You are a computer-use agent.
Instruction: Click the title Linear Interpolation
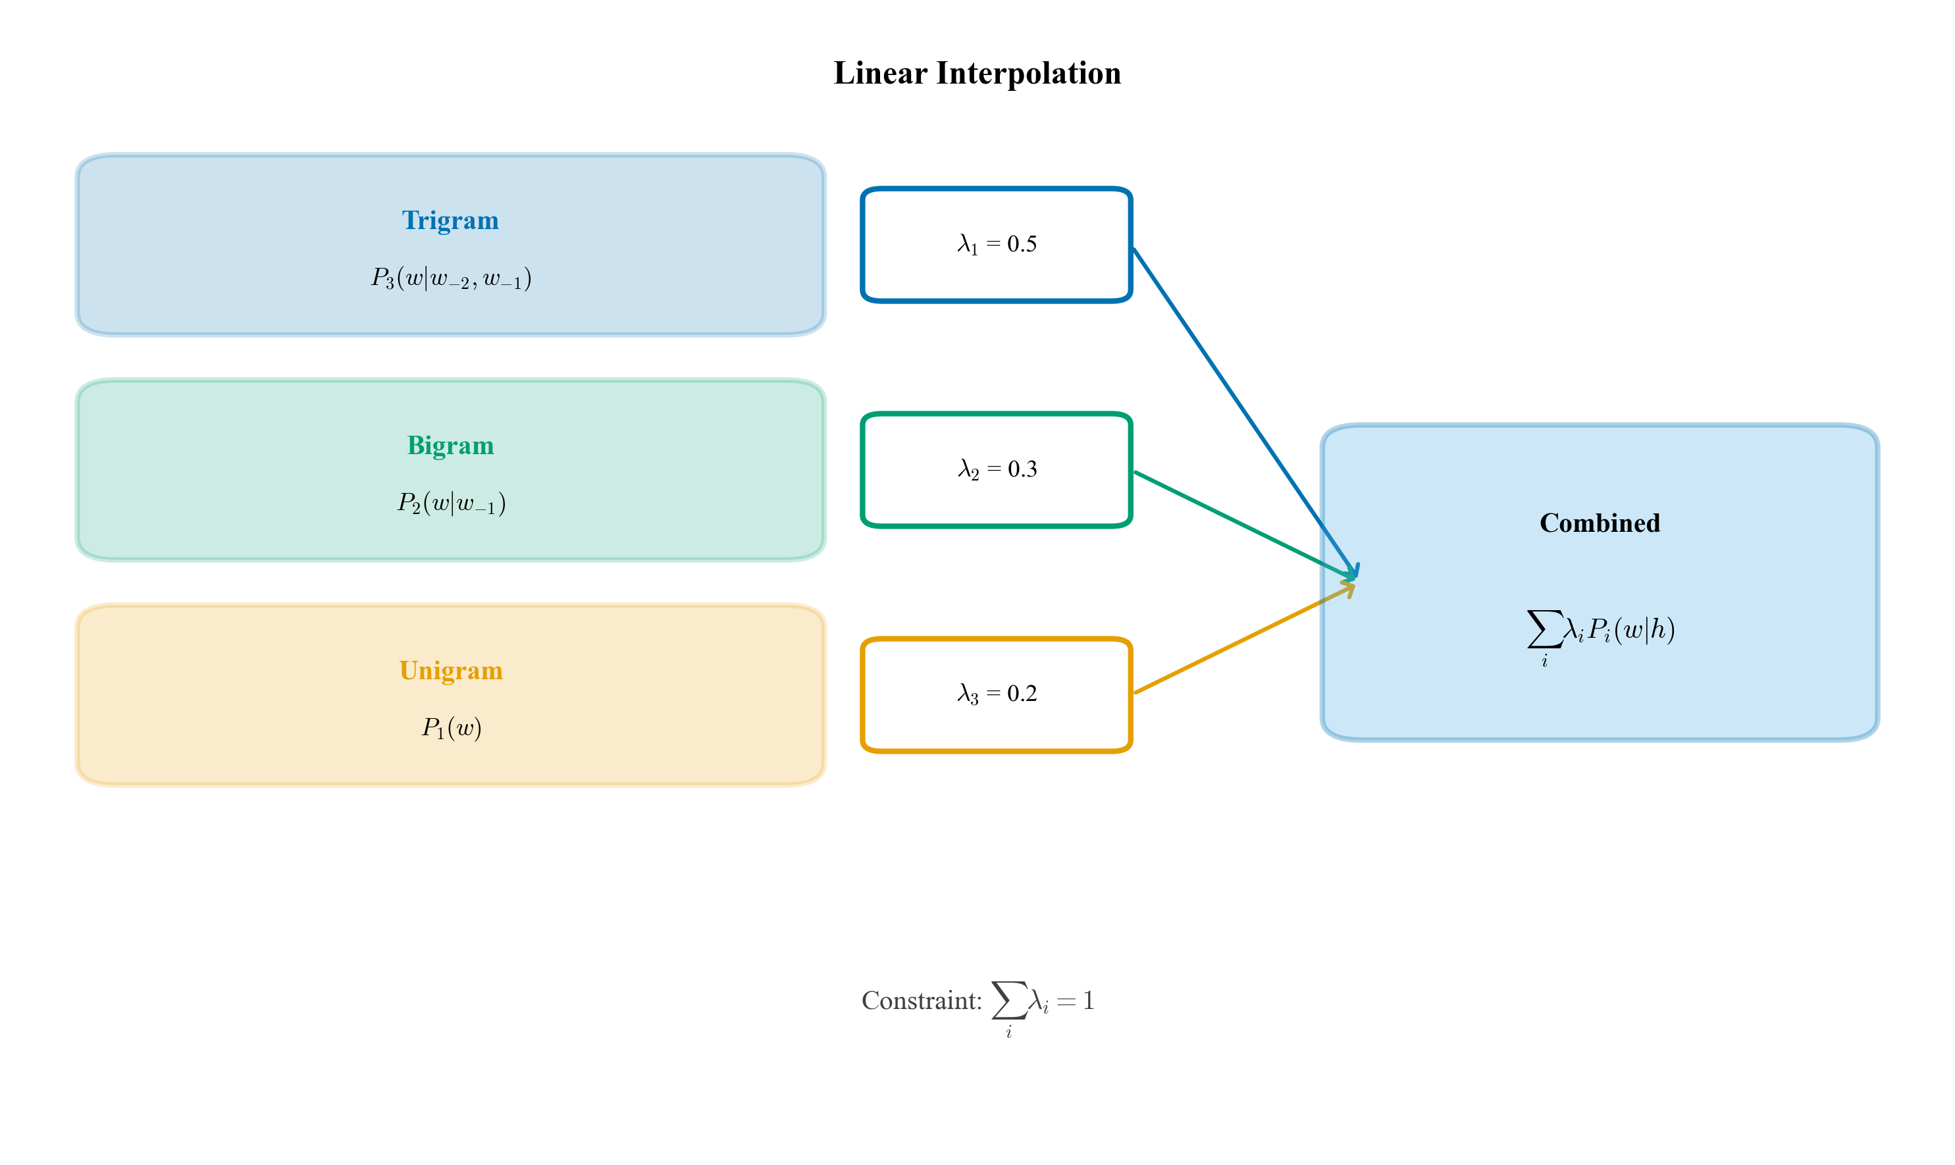point(977,73)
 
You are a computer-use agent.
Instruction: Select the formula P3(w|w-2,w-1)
point(451,278)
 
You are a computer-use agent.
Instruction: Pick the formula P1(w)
point(451,728)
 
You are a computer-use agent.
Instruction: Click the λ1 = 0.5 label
point(997,244)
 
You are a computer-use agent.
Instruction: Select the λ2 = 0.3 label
point(997,469)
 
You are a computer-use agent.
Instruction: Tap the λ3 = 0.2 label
point(997,694)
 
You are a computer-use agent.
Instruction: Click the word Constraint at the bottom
point(921,1001)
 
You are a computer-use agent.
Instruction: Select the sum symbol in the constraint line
point(1008,1000)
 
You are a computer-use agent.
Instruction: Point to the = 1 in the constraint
point(1076,1001)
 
